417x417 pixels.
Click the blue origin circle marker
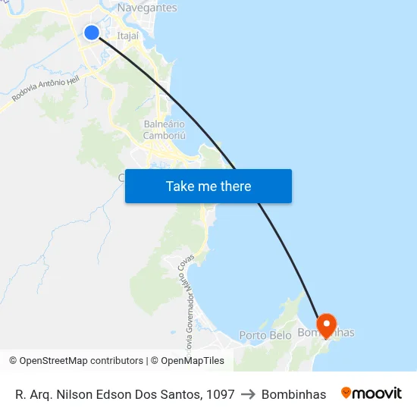point(92,32)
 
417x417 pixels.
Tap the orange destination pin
point(327,325)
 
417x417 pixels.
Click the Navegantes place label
point(147,8)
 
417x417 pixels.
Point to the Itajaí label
point(127,35)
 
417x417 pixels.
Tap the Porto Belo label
point(265,335)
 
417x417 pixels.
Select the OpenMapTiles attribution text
point(193,361)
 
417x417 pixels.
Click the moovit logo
point(372,393)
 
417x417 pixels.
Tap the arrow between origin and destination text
point(248,394)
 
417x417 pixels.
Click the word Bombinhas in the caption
point(293,394)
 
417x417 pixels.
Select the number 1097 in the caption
point(220,394)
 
